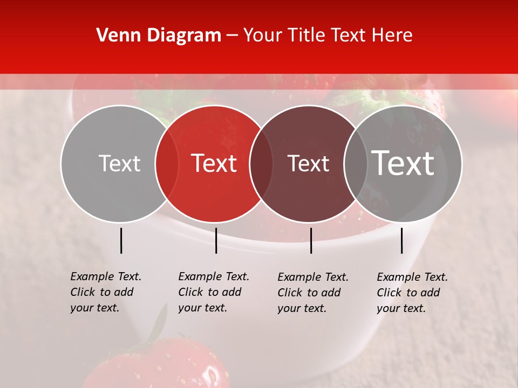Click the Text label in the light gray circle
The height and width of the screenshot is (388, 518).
pyautogui.click(x=119, y=164)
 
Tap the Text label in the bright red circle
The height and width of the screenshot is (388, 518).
pyautogui.click(x=214, y=164)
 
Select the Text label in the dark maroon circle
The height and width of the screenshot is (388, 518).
pyautogui.click(x=309, y=164)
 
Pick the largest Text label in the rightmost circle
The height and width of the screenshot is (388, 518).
pyautogui.click(x=403, y=163)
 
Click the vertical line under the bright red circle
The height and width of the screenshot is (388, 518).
pyautogui.click(x=216, y=240)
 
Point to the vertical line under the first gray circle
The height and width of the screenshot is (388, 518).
pyautogui.click(x=121, y=240)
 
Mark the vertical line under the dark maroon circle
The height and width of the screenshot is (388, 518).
pyautogui.click(x=311, y=240)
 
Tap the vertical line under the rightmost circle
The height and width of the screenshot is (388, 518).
pyautogui.click(x=401, y=240)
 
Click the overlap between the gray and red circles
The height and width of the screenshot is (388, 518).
pyautogui.click(x=167, y=164)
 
